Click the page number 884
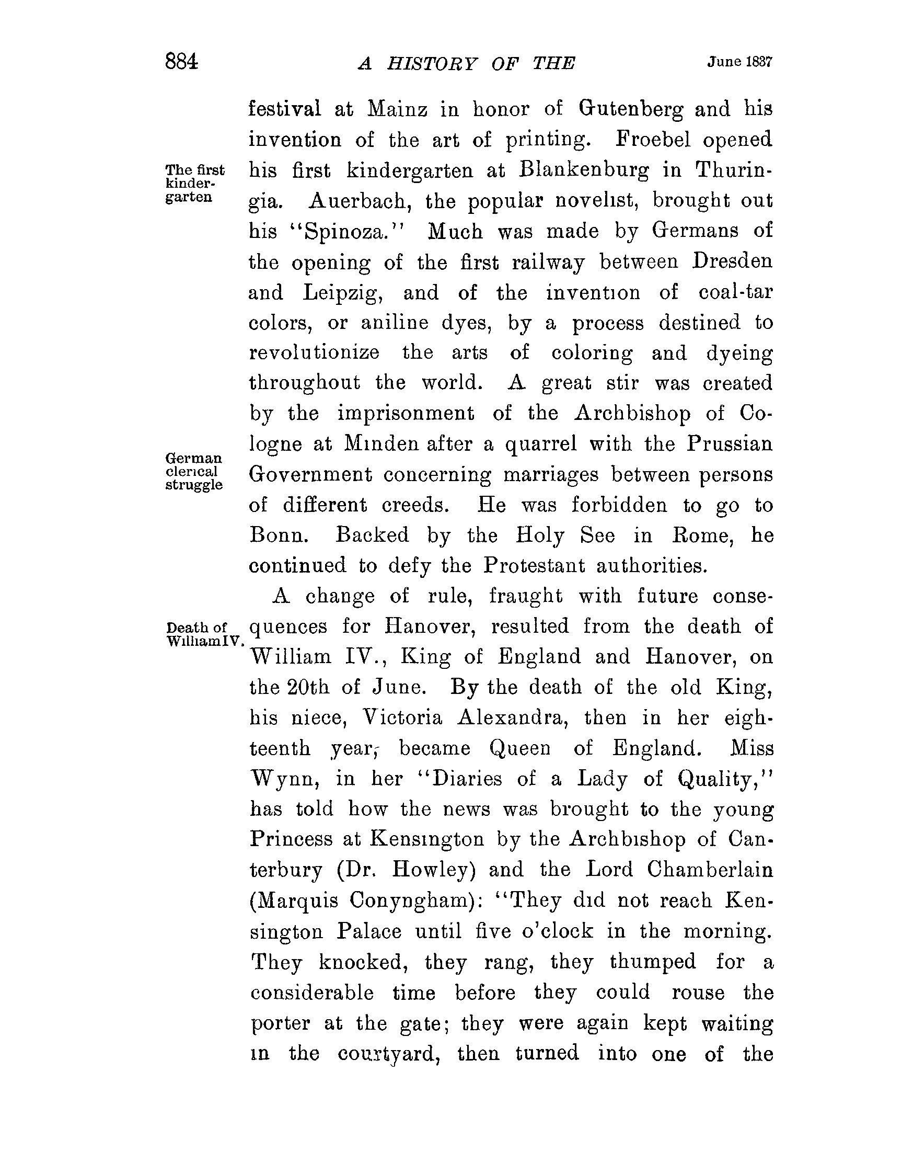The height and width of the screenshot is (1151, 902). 181,62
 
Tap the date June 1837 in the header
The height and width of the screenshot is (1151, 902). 739,62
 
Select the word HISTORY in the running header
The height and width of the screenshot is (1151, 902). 432,64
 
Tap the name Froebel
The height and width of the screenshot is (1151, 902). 652,140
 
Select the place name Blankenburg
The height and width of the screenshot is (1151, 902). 584,170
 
